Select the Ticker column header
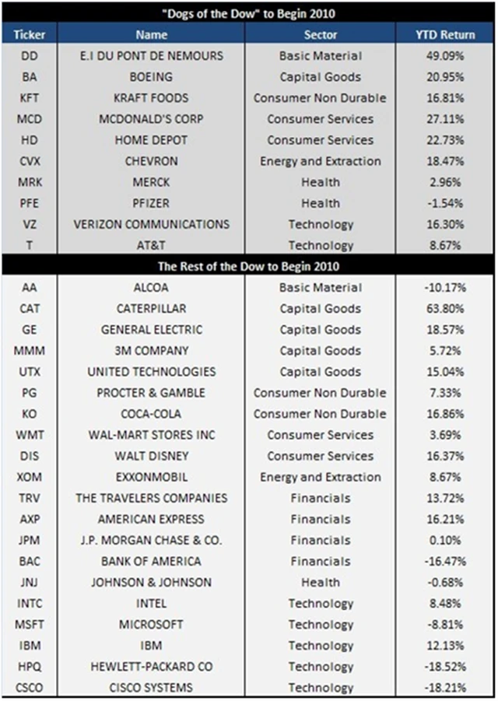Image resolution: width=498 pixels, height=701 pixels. [x=30, y=35]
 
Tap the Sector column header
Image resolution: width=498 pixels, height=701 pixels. [x=320, y=35]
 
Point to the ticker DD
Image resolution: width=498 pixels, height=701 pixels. [x=30, y=56]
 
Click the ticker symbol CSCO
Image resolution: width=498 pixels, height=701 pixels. [x=30, y=687]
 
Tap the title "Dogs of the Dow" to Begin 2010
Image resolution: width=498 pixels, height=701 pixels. [x=248, y=13]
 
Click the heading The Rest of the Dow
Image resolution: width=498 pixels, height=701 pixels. [x=248, y=266]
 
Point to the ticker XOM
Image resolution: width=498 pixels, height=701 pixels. [x=30, y=477]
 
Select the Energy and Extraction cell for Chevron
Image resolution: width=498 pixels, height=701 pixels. [x=320, y=161]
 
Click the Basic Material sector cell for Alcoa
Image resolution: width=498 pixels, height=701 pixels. [x=320, y=288]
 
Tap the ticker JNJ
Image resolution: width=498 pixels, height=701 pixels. [x=30, y=582]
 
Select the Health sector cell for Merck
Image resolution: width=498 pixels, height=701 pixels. [x=320, y=182]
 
